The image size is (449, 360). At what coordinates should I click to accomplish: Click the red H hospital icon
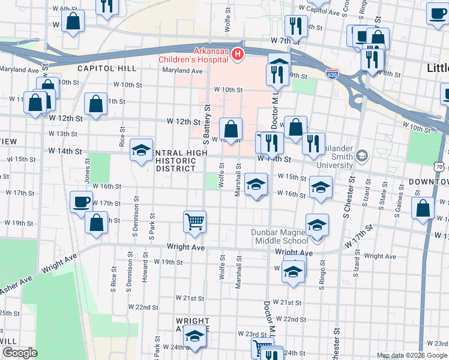(x=238, y=55)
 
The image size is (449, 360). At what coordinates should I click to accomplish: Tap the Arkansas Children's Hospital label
(x=194, y=55)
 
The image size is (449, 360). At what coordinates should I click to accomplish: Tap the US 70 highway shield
(x=440, y=166)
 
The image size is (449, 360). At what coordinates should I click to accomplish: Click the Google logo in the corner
(x=20, y=353)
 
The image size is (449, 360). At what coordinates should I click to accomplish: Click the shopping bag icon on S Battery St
(x=231, y=128)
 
